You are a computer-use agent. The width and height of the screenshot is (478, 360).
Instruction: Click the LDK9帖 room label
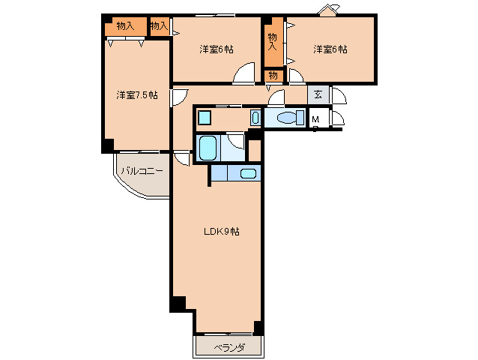click(222, 232)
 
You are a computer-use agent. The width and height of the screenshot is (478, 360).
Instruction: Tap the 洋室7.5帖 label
click(137, 95)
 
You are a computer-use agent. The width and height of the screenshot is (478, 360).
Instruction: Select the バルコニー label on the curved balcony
click(142, 171)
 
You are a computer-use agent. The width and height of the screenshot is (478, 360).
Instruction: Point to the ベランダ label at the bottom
click(229, 347)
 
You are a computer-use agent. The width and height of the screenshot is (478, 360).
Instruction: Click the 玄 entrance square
click(318, 94)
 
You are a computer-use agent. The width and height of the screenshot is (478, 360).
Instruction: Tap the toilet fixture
click(291, 118)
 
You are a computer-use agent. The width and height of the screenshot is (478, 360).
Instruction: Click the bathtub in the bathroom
click(208, 148)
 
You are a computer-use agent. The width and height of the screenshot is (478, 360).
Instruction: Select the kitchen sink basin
click(248, 173)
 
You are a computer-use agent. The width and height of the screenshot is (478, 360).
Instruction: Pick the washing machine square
click(204, 118)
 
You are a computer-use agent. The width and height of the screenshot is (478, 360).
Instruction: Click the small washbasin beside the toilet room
click(255, 118)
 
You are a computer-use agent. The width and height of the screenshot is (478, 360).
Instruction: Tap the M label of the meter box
click(316, 119)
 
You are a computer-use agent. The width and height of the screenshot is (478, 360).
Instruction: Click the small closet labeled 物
click(273, 75)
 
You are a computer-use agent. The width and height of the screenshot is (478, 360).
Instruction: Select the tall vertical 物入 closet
click(273, 42)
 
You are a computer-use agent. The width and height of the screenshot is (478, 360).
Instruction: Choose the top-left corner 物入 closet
click(126, 26)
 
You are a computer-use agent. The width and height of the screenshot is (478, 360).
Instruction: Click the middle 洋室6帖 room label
click(217, 49)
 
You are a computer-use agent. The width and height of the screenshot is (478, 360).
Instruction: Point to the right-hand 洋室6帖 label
click(330, 49)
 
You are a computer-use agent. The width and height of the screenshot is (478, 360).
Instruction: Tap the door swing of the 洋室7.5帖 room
click(184, 97)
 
